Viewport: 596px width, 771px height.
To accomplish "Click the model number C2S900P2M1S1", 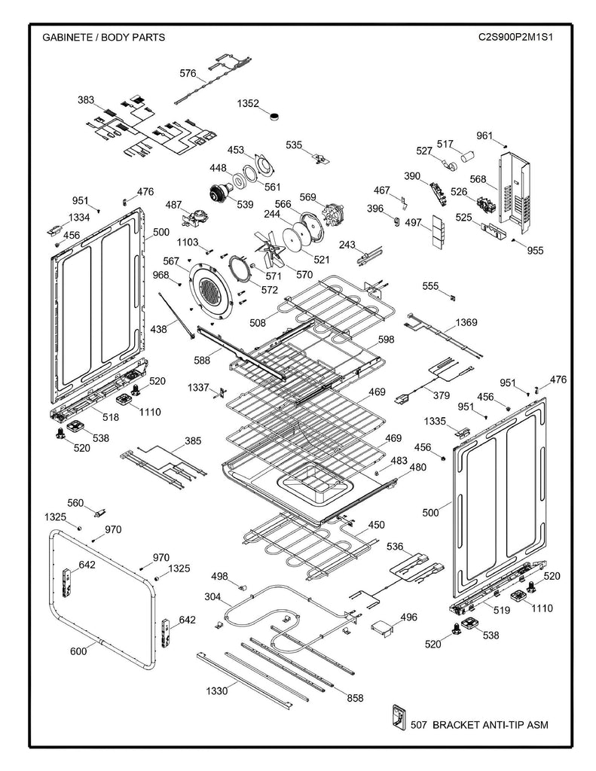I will (515, 36).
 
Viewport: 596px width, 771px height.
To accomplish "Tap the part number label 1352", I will (249, 103).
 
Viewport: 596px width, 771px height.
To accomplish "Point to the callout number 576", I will (188, 73).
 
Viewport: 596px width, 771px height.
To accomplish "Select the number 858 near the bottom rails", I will (355, 698).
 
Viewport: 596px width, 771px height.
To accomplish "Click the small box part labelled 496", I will (384, 626).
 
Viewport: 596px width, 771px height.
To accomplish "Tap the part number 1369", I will (466, 322).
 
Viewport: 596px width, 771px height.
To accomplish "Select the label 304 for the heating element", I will (212, 596).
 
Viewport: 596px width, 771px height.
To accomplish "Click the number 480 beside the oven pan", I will (417, 468).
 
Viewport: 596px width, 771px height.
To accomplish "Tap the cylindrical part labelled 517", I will (468, 157).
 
